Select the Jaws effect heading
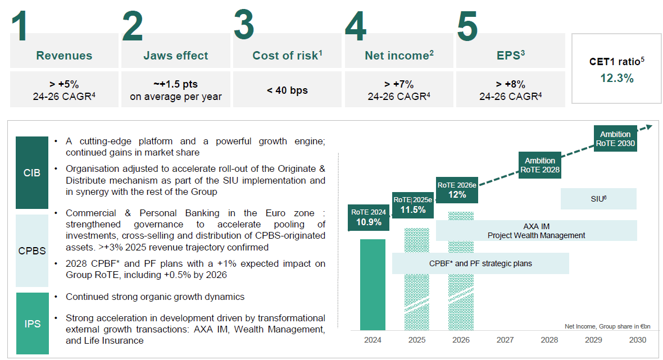pos(175,56)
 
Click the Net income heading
pos(399,56)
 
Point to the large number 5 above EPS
pos(467,25)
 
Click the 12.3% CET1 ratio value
pos(616,79)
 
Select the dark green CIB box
pos(32,173)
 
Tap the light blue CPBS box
pos(32,250)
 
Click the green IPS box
pos(32,324)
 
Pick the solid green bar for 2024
pos(373,285)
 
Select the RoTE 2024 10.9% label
pos(369,217)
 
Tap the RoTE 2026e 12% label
pos(457,190)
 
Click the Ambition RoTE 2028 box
pos(539,165)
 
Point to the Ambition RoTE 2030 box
pos(615,139)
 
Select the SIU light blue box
pos(598,199)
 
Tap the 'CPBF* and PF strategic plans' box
pos(480,263)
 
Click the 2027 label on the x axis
pos(505,340)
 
